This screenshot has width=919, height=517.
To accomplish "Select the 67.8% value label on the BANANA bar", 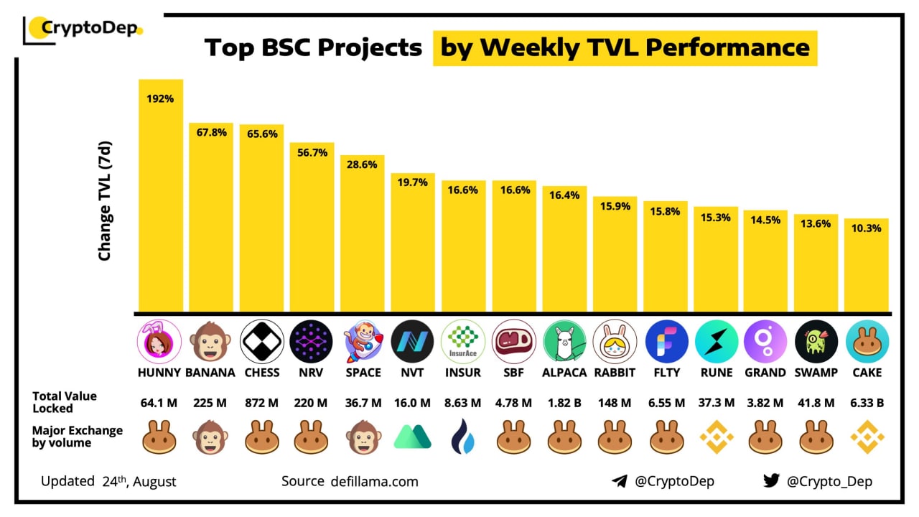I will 211,133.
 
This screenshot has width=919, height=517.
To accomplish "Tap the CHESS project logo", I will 262,341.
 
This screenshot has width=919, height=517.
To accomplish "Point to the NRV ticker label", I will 311,373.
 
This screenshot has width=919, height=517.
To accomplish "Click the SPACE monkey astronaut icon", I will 363,341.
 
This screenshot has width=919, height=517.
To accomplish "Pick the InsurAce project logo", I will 463,341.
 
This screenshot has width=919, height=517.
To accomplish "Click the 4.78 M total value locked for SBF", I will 513,403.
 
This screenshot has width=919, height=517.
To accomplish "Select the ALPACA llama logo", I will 564,341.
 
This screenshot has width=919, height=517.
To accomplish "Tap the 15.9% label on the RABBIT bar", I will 615,207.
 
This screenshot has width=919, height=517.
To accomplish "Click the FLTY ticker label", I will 666,373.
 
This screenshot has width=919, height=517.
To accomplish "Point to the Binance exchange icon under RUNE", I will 717,437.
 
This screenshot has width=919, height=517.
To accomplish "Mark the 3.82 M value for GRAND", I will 765,403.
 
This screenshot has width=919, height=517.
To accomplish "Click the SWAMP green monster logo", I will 816,341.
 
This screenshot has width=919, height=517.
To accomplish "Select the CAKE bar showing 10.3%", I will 867,265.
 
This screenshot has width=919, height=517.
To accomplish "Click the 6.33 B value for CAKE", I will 867,403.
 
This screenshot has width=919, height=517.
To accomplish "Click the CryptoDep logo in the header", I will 83,29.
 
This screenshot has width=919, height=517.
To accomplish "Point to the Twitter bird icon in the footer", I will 771,481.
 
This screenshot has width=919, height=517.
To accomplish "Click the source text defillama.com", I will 374,481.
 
